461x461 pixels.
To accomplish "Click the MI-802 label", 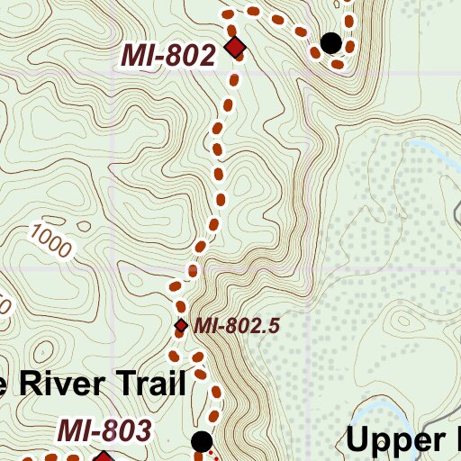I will tap(168, 57).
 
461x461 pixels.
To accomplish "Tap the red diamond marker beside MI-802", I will tap(236, 47).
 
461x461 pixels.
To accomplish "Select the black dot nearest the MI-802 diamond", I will tap(331, 42).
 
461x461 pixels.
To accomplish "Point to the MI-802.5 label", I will tap(237, 326).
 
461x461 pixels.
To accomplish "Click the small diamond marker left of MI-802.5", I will tap(181, 326).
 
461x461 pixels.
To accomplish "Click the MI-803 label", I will tap(105, 430).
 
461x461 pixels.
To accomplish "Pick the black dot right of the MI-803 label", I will tap(202, 441).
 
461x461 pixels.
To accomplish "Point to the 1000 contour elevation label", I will tap(50, 241).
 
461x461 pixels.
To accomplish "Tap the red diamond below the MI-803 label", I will tap(104, 456).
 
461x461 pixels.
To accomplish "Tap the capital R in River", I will tap(24, 383).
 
